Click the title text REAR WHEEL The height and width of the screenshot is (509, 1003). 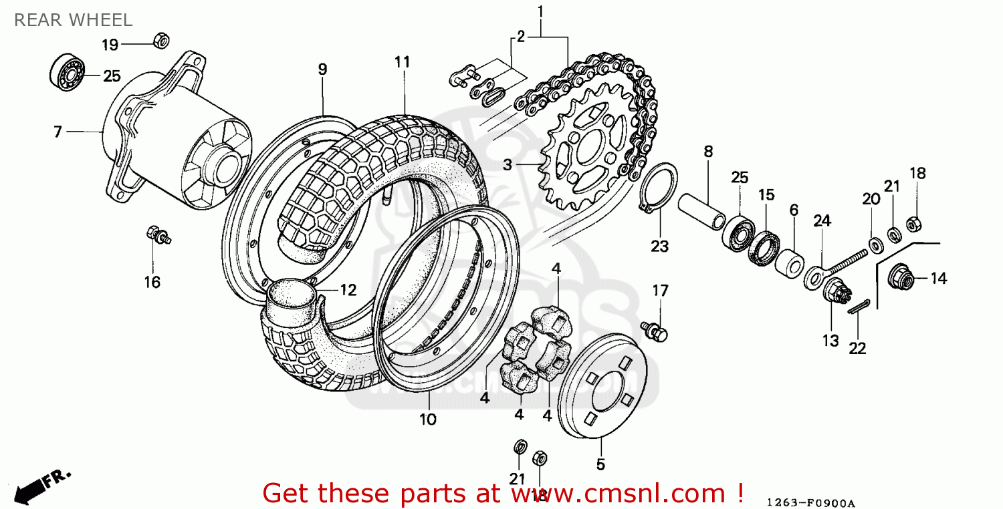(73, 20)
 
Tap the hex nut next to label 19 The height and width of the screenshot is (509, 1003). (160, 40)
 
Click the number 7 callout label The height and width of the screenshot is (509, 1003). (58, 132)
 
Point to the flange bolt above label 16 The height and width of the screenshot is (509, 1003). (158, 235)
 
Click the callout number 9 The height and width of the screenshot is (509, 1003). (322, 69)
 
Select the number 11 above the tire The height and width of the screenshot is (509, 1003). (401, 62)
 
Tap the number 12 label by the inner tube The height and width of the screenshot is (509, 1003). (348, 289)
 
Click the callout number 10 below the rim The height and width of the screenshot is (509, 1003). (428, 419)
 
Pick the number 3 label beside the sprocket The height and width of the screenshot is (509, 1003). (508, 164)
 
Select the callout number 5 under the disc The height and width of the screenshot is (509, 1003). (600, 463)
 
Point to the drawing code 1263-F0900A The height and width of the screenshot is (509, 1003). (810, 502)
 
